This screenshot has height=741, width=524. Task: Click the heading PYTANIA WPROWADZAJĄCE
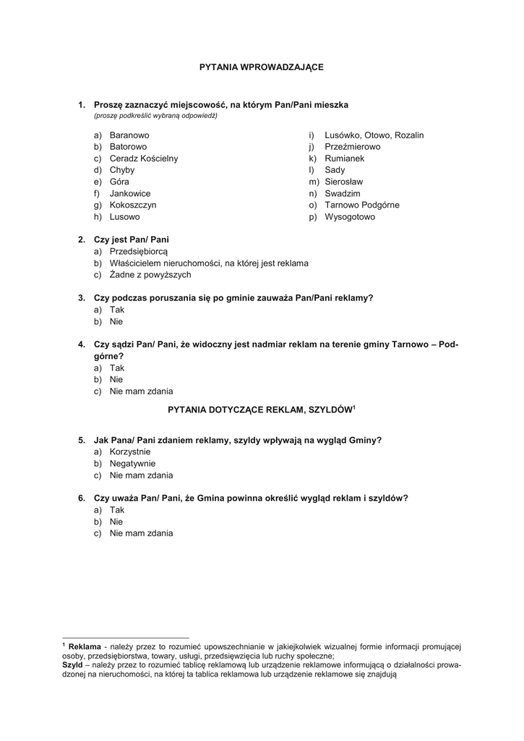click(262, 67)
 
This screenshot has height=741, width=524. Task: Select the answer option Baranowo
click(129, 135)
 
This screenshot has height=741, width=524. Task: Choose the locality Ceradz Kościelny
click(143, 158)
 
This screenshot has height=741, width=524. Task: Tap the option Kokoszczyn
click(133, 205)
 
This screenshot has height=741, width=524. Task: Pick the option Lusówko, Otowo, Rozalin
click(374, 135)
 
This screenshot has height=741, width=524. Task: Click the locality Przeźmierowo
click(352, 147)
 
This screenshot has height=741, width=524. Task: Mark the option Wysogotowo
click(350, 216)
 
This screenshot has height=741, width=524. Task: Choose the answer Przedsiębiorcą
click(138, 250)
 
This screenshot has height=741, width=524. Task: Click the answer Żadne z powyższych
click(150, 274)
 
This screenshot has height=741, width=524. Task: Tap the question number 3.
click(82, 297)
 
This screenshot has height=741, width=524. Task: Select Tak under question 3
click(117, 309)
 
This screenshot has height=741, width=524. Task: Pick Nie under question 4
click(116, 379)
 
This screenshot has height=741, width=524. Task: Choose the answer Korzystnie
click(130, 452)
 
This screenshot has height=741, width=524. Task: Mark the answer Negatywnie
click(132, 463)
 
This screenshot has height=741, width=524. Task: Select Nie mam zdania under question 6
click(141, 533)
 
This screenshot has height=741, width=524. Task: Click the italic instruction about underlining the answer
click(155, 116)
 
